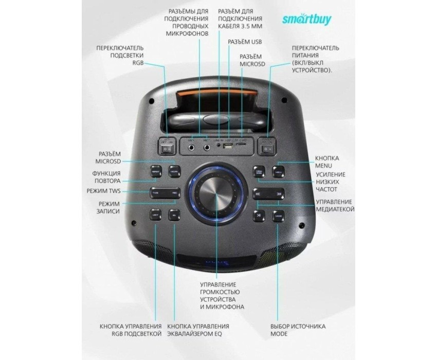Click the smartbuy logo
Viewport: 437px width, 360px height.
(307, 19)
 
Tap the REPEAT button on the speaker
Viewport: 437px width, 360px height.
(156, 171)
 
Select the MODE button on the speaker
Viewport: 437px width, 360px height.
(278, 215)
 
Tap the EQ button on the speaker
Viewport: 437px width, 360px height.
(174, 215)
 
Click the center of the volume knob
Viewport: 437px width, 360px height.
(216, 194)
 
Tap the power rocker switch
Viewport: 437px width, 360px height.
(266, 149)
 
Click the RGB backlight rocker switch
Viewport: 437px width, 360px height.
(166, 149)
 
